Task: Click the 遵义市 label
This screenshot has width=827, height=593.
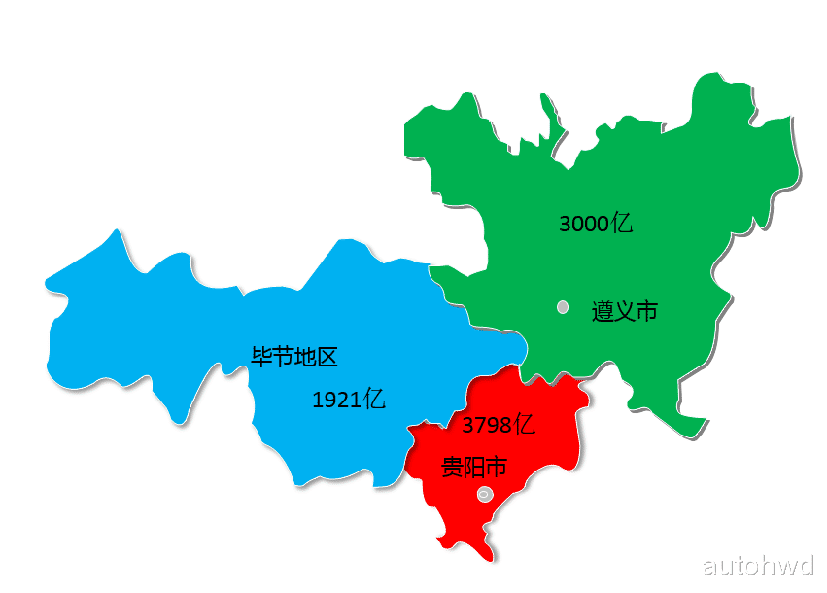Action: click(625, 311)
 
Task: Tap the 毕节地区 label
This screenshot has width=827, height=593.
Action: click(294, 357)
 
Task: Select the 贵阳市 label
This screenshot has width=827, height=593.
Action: click(474, 468)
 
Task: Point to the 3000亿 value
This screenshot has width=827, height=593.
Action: click(596, 223)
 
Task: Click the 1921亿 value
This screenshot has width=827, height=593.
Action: click(349, 399)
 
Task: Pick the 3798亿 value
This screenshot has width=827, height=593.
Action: click(499, 425)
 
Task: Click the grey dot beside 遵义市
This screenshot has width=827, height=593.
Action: click(563, 307)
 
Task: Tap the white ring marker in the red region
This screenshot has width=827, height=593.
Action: click(486, 495)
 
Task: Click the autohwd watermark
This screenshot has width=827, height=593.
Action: click(757, 566)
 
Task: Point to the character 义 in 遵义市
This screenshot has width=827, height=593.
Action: click(625, 311)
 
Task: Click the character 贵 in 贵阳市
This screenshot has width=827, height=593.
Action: click(452, 468)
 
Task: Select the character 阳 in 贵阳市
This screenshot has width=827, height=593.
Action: click(474, 468)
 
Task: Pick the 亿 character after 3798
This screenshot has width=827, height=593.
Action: click(525, 425)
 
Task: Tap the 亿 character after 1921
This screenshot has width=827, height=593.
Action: click(375, 399)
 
